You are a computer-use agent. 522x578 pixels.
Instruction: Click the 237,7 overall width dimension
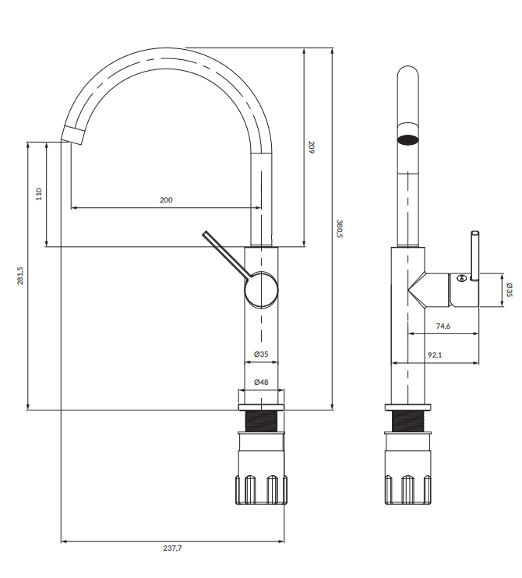172,548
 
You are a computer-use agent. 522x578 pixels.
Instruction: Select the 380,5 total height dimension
339,228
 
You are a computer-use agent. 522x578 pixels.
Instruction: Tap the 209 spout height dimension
310,146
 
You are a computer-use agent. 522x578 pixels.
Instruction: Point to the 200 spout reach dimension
166,200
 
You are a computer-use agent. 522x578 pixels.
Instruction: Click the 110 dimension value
40,194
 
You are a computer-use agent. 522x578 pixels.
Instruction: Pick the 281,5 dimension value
21,277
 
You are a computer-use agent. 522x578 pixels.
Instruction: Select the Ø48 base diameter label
262,382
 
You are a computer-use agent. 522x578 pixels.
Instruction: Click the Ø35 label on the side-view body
262,354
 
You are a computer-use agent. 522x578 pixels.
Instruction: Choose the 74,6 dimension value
443,326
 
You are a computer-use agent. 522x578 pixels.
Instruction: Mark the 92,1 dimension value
435,355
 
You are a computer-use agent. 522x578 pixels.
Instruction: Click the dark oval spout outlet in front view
407,140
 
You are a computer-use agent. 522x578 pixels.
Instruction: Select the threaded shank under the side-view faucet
261,422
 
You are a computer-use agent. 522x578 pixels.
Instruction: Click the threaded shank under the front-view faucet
407,422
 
